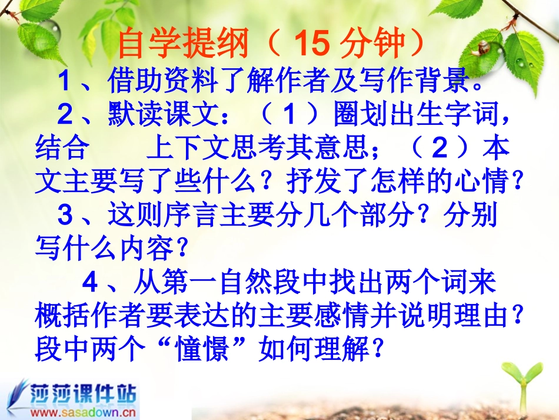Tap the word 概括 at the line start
[61, 317]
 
